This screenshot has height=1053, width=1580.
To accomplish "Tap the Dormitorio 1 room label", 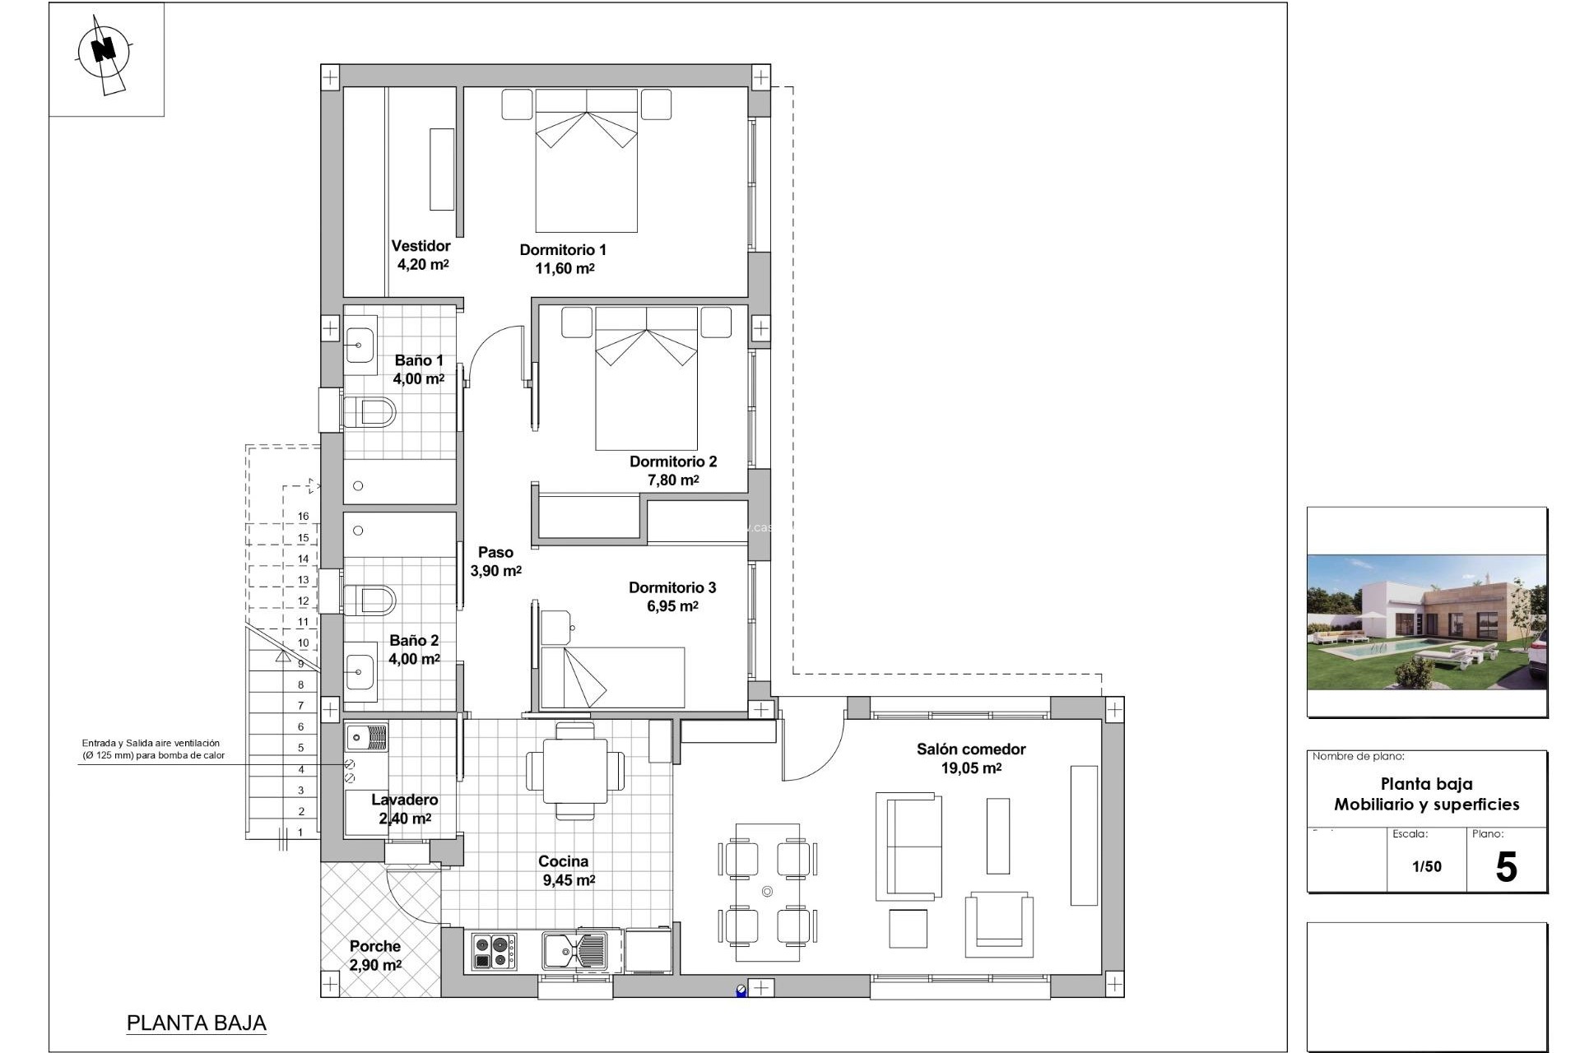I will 563,250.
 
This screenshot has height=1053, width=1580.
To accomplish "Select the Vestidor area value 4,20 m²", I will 423,265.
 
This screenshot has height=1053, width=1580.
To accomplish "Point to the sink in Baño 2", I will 360,672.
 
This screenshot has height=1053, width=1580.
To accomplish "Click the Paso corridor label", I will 495,553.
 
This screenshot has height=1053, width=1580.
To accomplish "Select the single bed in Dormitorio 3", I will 613,677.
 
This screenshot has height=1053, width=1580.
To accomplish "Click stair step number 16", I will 303,517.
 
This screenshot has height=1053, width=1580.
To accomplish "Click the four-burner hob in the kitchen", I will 494,951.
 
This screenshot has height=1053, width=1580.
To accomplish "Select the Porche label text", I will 374,947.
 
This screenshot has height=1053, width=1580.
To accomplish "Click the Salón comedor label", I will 971,749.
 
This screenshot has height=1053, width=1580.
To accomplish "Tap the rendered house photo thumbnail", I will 1427,622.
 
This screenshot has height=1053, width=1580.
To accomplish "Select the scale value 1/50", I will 1427,866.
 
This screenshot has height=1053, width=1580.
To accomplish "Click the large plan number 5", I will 1506,867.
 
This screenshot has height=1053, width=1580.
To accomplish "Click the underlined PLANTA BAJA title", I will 197,1023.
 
